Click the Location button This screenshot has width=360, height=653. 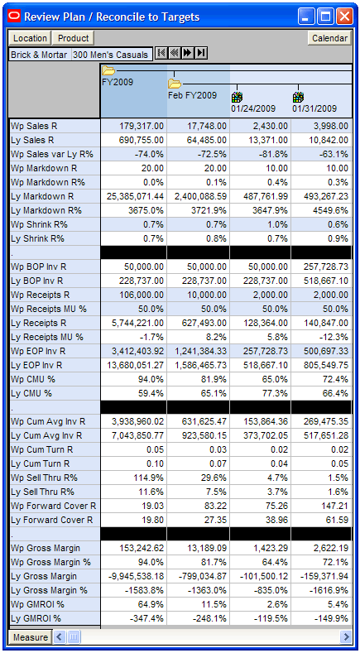click(30, 38)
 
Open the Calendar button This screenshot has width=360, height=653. click(329, 38)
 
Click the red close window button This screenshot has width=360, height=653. click(344, 17)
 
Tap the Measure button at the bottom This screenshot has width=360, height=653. click(30, 637)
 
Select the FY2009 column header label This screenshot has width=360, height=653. click(118, 82)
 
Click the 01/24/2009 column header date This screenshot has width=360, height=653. click(253, 108)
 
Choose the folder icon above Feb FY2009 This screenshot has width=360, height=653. click(175, 84)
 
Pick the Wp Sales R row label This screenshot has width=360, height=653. click(34, 126)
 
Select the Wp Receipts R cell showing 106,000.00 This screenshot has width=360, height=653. click(142, 295)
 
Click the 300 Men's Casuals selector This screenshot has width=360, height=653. click(110, 55)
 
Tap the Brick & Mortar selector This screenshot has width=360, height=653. click(39, 55)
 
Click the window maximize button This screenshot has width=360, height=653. click(325, 17)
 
